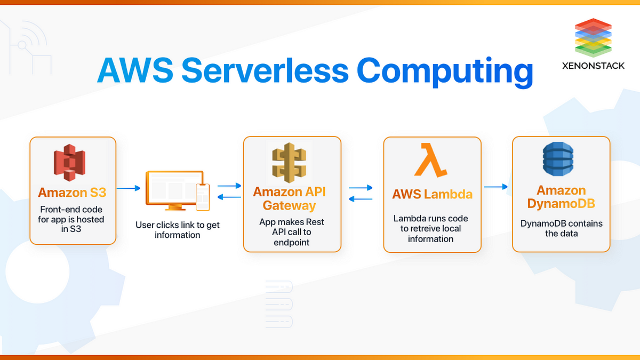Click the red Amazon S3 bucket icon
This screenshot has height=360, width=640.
[69, 162]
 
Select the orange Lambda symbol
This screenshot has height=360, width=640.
[431, 160]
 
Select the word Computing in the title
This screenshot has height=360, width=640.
[445, 71]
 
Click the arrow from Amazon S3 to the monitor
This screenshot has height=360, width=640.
[128, 188]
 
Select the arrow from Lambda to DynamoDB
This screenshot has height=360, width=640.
[496, 187]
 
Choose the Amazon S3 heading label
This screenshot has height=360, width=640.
[72, 193]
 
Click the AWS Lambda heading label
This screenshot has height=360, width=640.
[432, 194]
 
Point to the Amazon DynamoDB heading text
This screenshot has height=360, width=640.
[561, 197]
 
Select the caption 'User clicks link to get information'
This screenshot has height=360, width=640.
[178, 230]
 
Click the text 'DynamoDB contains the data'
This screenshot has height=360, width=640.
[561, 228]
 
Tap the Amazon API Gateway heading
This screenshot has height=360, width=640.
[290, 198]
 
